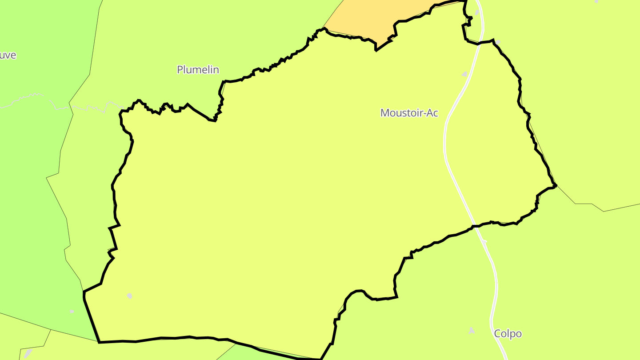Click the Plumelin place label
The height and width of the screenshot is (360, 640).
pos(198,70)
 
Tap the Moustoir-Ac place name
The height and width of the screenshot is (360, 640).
pos(409,113)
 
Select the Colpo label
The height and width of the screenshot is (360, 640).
pos(508,334)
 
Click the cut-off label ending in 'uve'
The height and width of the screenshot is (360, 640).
pos(8,55)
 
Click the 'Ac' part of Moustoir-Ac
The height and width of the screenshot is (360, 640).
pos(432,113)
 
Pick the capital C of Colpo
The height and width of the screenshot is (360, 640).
pos(498,334)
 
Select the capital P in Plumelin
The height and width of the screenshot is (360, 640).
pos(180,70)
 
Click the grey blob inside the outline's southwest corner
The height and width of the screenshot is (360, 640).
pos(129,296)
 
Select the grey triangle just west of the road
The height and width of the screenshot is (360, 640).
pos(465,74)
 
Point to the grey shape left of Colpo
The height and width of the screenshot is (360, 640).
pos(471,331)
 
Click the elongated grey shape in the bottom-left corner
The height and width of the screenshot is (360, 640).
pos(28,354)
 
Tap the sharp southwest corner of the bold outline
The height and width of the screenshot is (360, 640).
pos(99,342)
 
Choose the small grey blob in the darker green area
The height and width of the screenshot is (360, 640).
pos(72,311)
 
